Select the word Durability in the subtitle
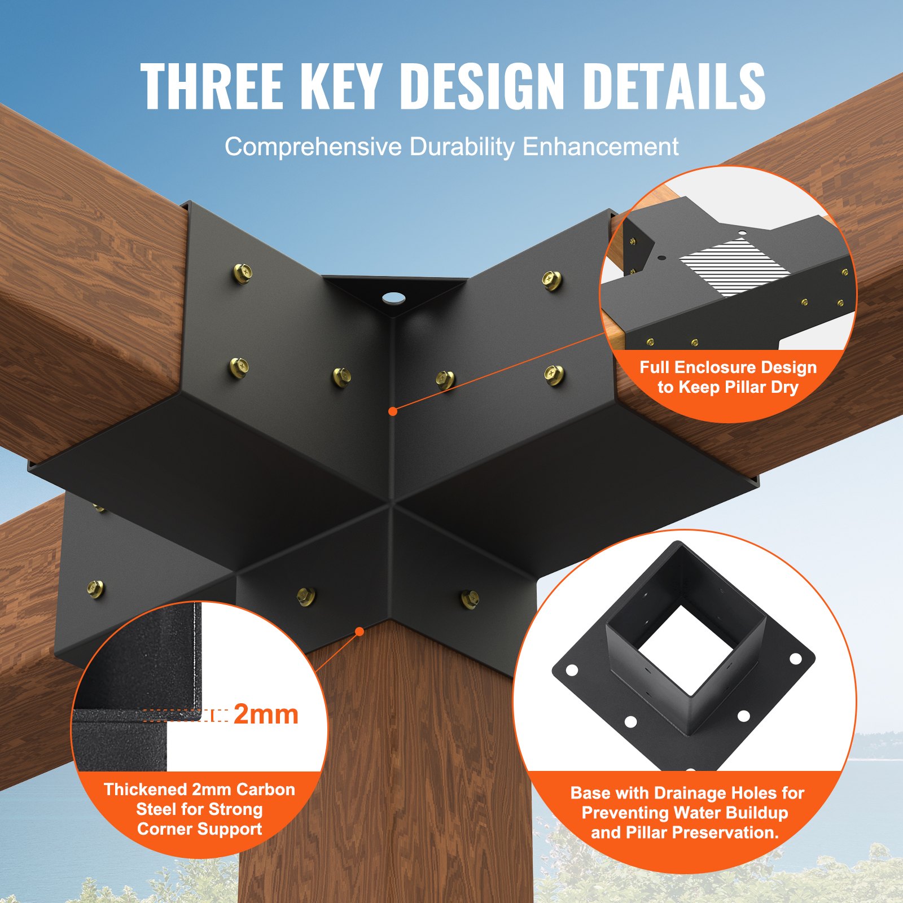click(462, 147)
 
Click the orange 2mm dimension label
click(265, 714)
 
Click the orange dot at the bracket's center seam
click(393, 411)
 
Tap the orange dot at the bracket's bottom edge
click(359, 632)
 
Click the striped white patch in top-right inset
click(734, 266)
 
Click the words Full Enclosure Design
click(728, 367)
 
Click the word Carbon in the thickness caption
click(265, 789)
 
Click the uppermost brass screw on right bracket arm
click(551, 279)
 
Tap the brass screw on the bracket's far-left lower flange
click(96, 589)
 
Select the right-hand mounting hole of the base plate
click(796, 659)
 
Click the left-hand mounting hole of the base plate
click(571, 670)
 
